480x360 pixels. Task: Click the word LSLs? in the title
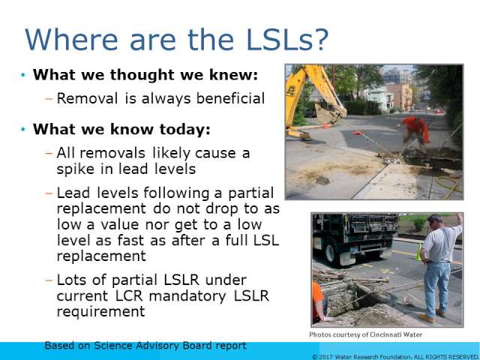(286, 40)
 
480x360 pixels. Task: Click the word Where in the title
(71, 40)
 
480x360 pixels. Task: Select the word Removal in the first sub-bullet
(87, 98)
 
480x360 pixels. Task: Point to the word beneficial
(230, 98)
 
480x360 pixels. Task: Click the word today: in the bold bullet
(185, 129)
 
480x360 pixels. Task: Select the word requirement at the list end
(100, 312)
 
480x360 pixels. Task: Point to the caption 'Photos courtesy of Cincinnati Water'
(365, 334)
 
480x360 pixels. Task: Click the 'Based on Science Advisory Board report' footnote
(145, 346)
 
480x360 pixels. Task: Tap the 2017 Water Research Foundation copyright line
(395, 357)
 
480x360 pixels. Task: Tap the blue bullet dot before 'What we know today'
(23, 130)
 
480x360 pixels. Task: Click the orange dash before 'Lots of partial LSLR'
(49, 280)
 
